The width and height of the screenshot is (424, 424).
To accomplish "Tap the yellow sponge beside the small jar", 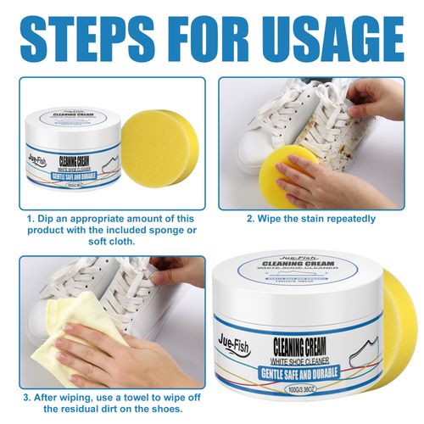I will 152,152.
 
